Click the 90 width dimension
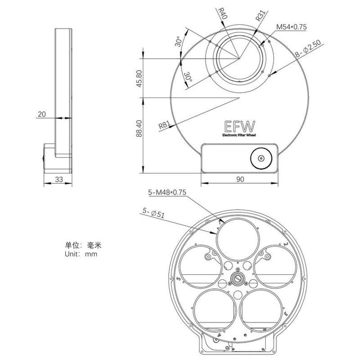pyautogui.click(x=239, y=179)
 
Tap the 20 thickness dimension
pyautogui.click(x=42, y=114)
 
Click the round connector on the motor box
pyautogui.click(x=261, y=158)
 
